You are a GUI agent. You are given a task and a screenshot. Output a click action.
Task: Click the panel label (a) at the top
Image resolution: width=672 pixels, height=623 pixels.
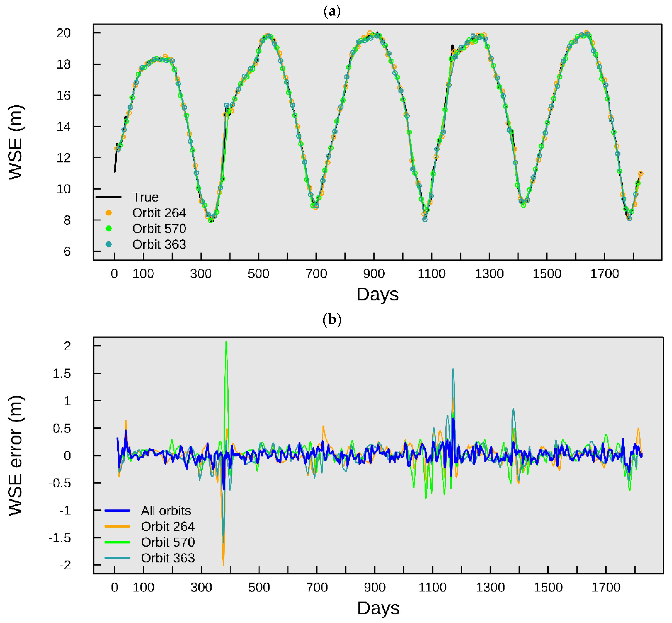click(x=332, y=12)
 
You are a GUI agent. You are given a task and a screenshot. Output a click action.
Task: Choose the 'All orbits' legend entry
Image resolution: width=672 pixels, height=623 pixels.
click(x=166, y=511)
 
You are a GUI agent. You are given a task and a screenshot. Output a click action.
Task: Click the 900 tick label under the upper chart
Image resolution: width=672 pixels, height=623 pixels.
click(x=374, y=273)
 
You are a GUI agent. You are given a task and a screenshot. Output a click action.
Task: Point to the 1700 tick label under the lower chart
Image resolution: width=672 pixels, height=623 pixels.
click(x=606, y=587)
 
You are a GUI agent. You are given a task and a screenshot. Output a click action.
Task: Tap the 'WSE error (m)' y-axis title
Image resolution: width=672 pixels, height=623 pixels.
click(x=16, y=456)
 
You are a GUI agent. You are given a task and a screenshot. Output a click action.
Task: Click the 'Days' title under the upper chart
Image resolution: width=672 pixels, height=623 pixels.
click(x=377, y=295)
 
